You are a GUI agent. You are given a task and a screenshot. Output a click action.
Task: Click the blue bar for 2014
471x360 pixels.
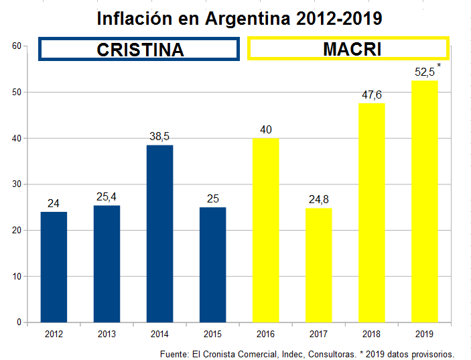pyautogui.click(x=159, y=233)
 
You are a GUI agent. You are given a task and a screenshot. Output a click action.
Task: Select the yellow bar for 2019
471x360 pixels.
pyautogui.click(x=424, y=201)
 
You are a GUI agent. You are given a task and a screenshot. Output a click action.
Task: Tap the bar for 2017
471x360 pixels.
pyautogui.click(x=318, y=265)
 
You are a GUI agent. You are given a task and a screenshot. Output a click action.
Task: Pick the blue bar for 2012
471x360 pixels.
pyautogui.click(x=54, y=267)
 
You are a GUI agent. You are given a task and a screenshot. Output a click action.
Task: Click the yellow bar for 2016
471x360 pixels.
pyautogui.click(x=265, y=230)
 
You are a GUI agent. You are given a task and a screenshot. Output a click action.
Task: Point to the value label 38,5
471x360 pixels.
pyautogui.click(x=159, y=137)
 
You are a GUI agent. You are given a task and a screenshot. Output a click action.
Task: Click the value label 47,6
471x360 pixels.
pyautogui.click(x=371, y=95)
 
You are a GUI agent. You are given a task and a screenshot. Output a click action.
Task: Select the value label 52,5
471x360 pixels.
pyautogui.click(x=424, y=72)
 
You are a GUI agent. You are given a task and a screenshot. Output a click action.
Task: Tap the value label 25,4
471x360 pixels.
pyautogui.click(x=107, y=197)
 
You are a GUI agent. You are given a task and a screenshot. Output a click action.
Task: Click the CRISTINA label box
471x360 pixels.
pyautogui.click(x=139, y=49)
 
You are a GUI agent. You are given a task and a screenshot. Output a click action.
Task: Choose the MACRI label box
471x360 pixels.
pyautogui.click(x=348, y=49)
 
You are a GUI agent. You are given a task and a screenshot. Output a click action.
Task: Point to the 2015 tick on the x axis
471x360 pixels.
pyautogui.click(x=212, y=333)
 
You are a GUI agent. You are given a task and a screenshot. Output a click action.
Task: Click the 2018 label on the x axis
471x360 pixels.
pyautogui.click(x=371, y=333)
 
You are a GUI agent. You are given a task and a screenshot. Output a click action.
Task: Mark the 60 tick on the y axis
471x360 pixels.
pyautogui.click(x=17, y=46)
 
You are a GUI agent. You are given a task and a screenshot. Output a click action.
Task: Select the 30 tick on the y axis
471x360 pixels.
pyautogui.click(x=17, y=184)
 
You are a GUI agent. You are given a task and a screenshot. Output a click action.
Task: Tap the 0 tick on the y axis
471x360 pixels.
pyautogui.click(x=19, y=322)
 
